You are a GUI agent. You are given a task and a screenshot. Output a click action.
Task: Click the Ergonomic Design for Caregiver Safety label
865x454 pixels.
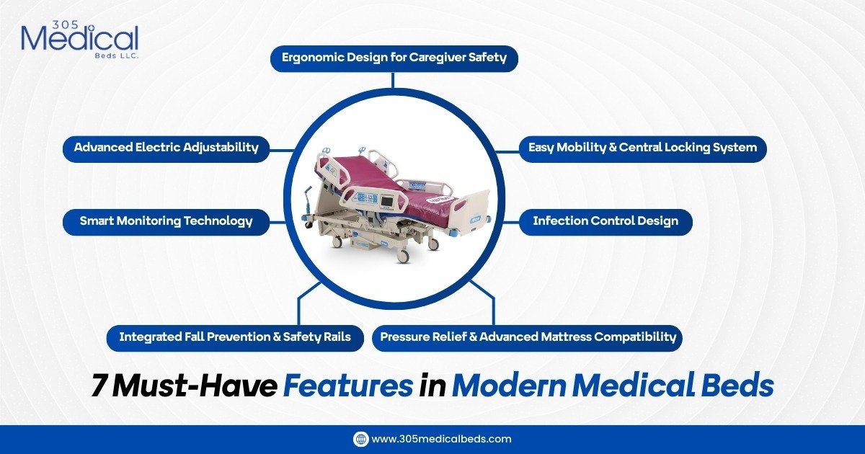(394, 58)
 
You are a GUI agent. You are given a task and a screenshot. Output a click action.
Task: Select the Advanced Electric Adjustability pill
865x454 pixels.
(166, 148)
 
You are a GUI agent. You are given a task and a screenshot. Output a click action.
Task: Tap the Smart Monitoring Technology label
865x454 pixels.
(166, 221)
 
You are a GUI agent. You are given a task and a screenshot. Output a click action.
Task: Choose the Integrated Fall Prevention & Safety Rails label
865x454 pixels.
(235, 337)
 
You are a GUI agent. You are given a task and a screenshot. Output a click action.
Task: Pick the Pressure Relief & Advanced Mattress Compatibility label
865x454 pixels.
(528, 337)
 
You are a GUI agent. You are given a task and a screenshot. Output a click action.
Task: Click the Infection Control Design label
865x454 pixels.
(605, 221)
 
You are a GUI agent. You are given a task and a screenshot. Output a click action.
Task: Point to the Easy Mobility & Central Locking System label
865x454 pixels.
(642, 148)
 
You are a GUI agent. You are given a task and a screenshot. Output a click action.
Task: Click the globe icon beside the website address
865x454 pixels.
(360, 439)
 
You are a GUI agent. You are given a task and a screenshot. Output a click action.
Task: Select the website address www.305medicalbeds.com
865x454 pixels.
(441, 439)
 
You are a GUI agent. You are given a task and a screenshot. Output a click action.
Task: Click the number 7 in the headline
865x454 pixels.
(99, 387)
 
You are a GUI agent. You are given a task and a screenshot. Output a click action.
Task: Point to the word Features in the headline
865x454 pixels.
(347, 387)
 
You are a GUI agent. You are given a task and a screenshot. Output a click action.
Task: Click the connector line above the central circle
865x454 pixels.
(394, 80)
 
